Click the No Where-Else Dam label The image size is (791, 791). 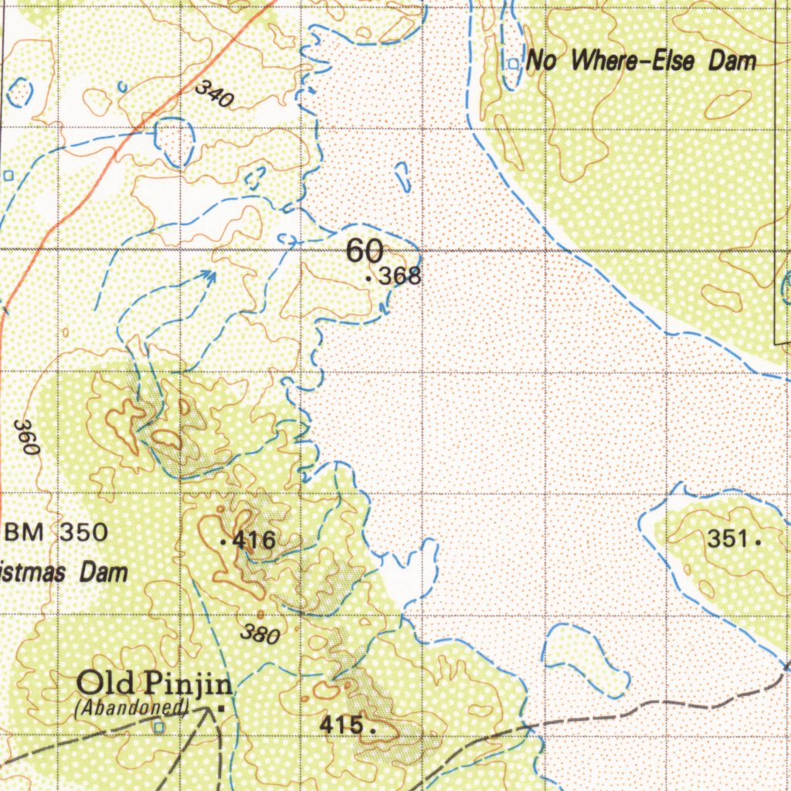(x=641, y=62)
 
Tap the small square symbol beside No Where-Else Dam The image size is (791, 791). (x=513, y=63)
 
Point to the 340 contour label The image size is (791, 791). (x=214, y=93)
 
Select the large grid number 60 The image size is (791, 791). (x=364, y=251)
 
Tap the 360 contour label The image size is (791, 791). (x=25, y=437)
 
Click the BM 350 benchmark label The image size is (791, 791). (x=57, y=532)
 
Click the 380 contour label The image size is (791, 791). (x=260, y=634)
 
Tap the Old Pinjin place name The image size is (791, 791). (x=155, y=684)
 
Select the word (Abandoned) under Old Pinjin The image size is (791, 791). (x=132, y=706)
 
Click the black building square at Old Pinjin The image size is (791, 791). (x=222, y=707)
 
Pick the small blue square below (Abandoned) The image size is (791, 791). (x=159, y=727)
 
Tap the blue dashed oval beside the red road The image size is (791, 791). (x=174, y=141)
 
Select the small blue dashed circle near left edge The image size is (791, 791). (x=19, y=92)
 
